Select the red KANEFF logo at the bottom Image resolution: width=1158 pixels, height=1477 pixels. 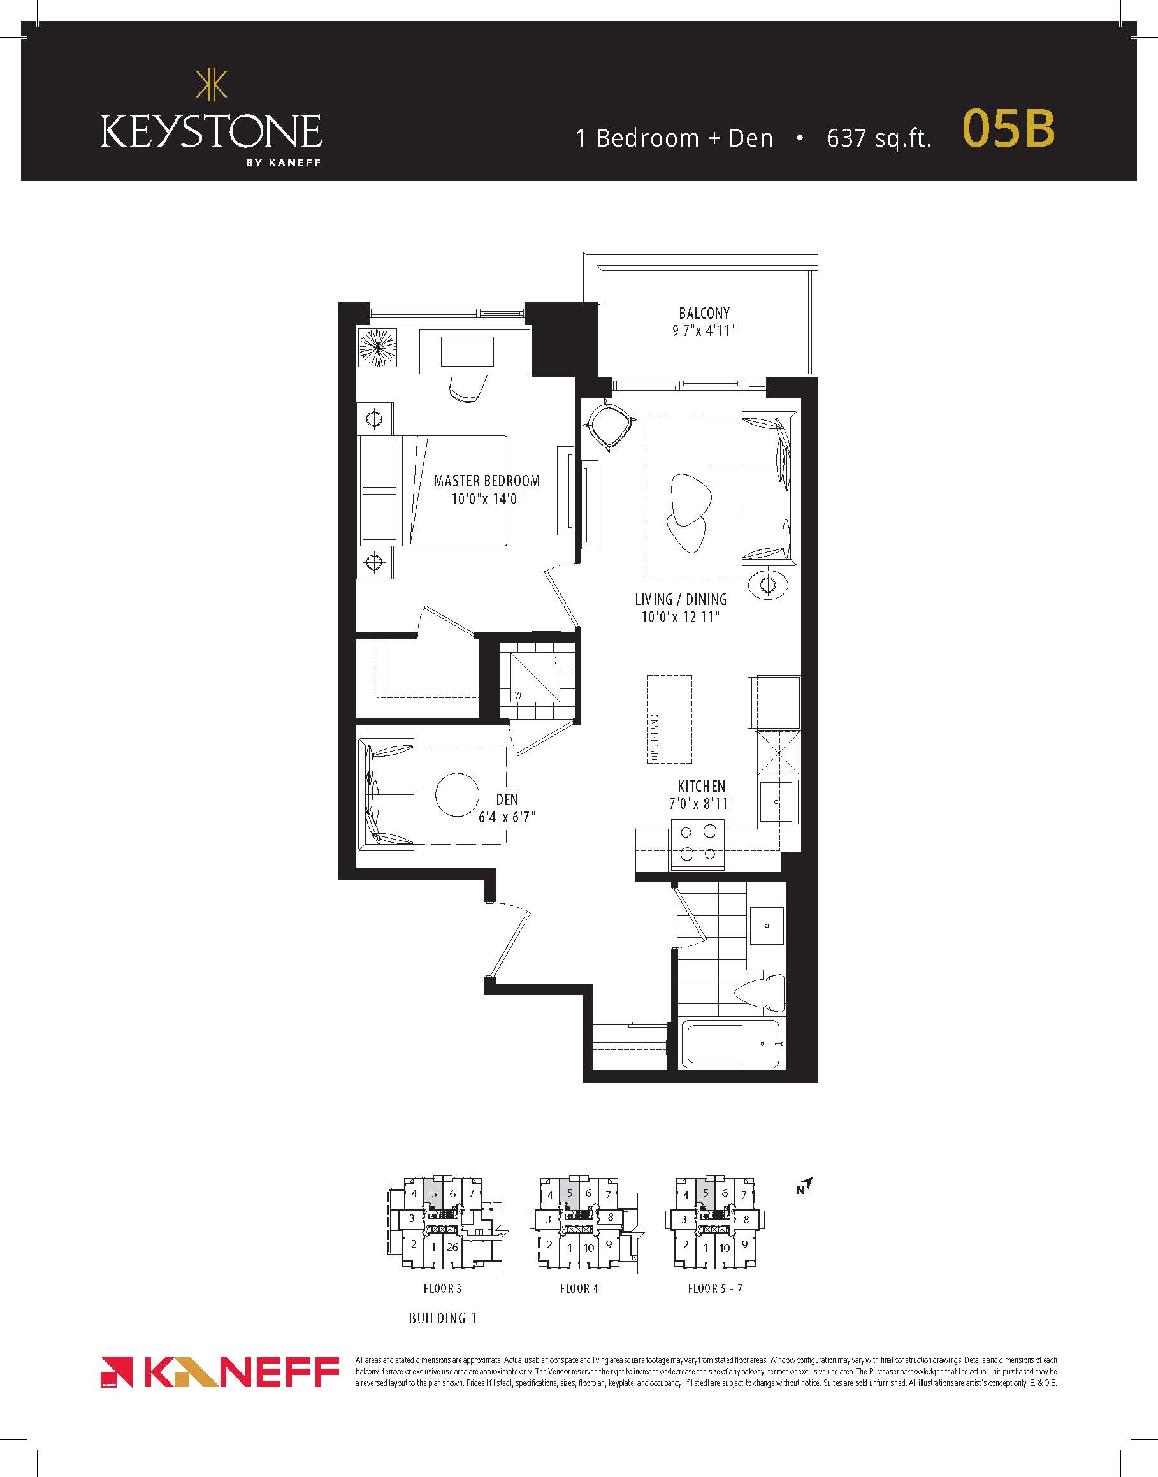(x=220, y=1372)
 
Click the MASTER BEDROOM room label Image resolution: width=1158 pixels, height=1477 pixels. (x=487, y=481)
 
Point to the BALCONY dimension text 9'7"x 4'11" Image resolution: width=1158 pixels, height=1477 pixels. (x=704, y=331)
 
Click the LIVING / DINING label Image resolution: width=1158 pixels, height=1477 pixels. (x=681, y=599)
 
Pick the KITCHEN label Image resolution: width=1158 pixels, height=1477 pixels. (x=702, y=787)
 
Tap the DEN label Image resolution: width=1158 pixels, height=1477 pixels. (x=507, y=800)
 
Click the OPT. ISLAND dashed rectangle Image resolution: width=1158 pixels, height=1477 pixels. (x=669, y=719)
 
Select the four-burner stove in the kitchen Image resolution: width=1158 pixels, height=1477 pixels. (x=698, y=844)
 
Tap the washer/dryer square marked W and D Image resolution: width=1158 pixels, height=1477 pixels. (x=536, y=678)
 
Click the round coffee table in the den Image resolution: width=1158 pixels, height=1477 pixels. (x=458, y=795)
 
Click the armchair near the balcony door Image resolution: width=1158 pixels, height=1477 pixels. (x=609, y=425)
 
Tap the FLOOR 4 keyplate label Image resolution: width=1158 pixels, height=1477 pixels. (x=579, y=1288)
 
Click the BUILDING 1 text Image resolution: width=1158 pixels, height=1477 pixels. (x=443, y=1318)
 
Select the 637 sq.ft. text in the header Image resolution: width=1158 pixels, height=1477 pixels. (x=879, y=138)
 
